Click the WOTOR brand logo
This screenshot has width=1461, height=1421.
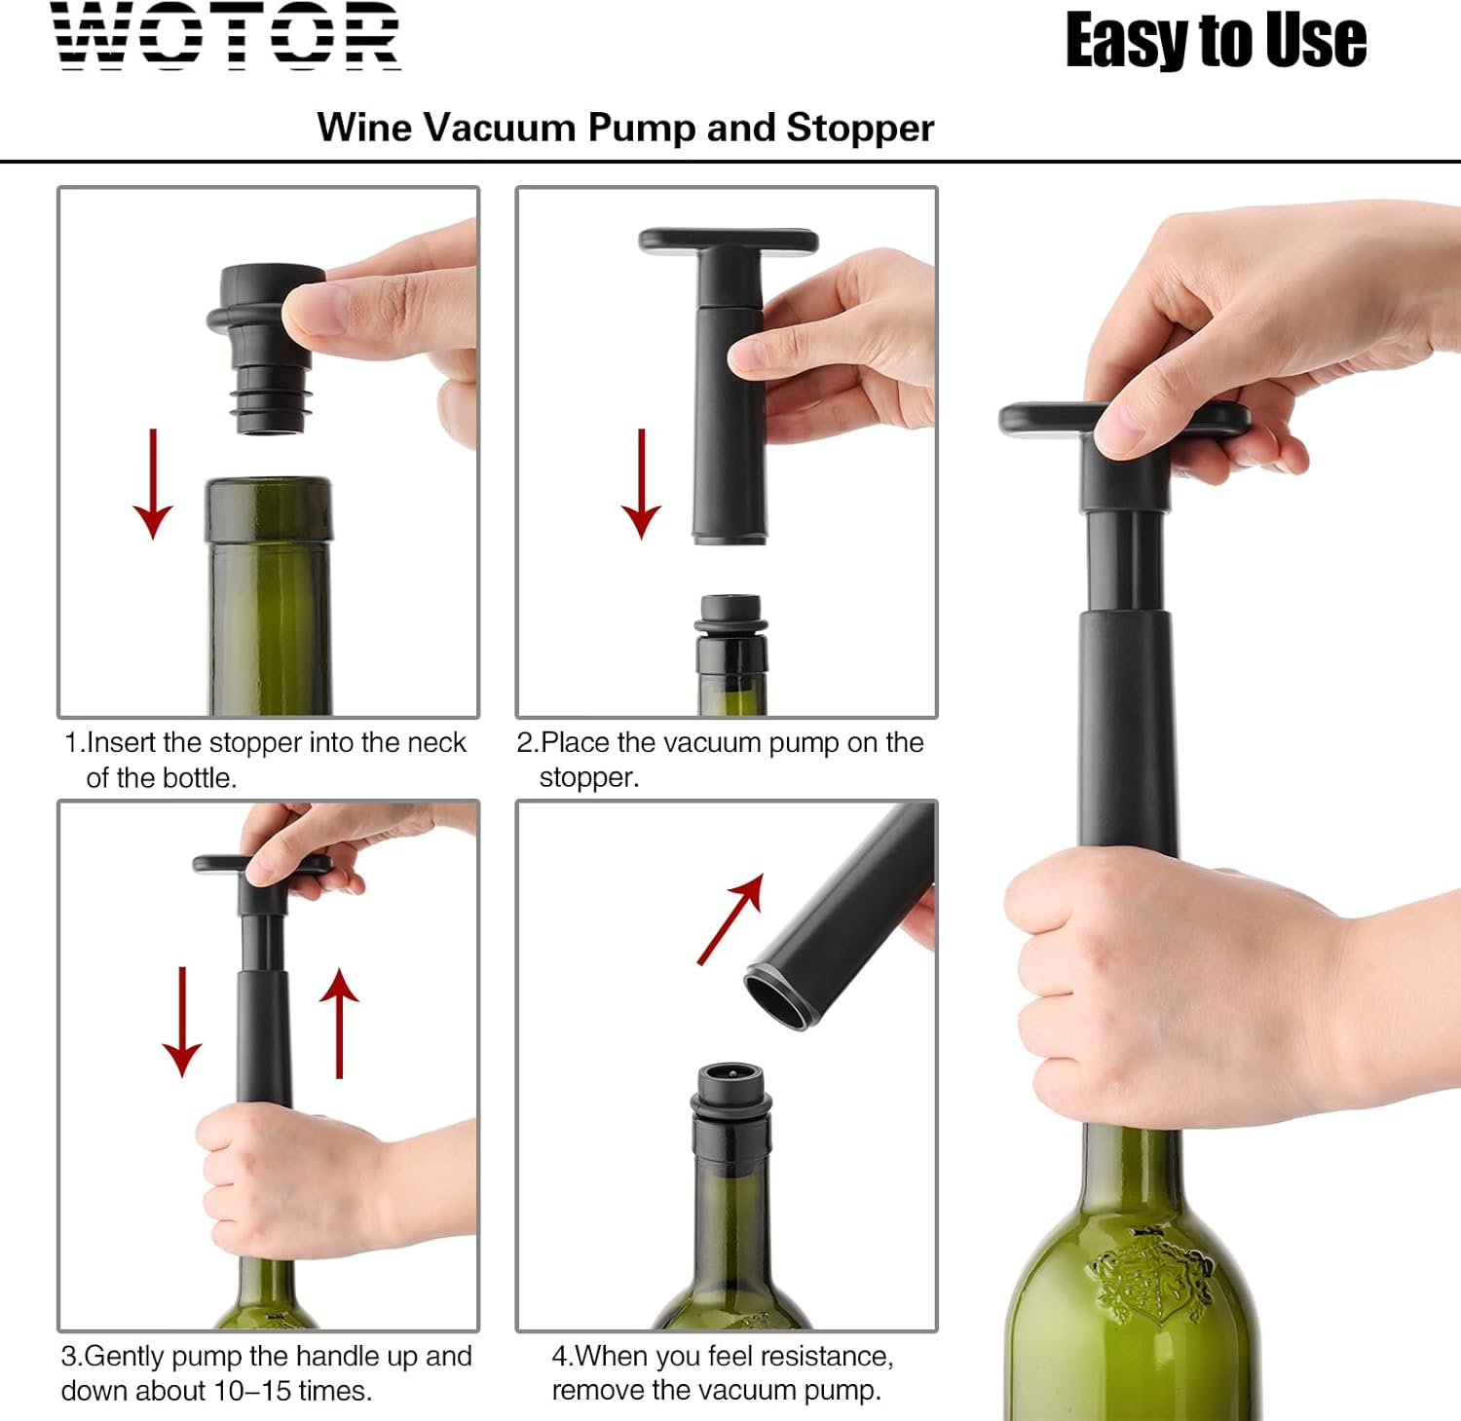click(x=226, y=36)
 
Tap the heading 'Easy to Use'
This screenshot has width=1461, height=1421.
click(x=1216, y=41)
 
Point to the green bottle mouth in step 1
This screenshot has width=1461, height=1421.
click(x=268, y=506)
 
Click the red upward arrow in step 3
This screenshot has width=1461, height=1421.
click(x=339, y=1023)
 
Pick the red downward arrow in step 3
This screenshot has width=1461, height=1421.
click(x=182, y=1023)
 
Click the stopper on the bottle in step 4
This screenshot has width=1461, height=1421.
click(x=731, y=1096)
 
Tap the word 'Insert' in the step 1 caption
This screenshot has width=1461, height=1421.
click(x=122, y=743)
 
